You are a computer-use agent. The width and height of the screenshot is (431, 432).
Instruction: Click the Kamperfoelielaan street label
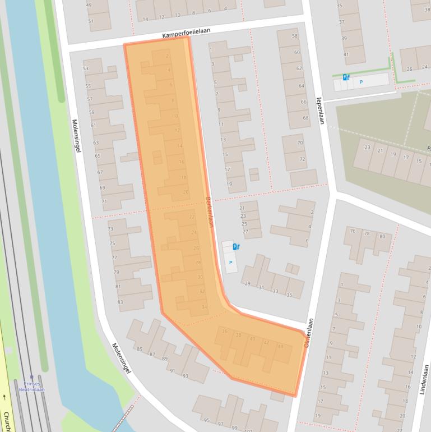point(186,34)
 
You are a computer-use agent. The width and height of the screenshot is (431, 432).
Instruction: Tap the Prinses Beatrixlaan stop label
point(31,386)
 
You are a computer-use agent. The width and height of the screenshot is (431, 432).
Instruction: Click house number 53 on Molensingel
point(86,69)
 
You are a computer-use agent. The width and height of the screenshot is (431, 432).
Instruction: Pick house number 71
point(103,201)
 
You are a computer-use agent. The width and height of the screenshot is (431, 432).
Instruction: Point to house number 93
point(186,375)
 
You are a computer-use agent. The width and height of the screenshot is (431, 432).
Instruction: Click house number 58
point(295,36)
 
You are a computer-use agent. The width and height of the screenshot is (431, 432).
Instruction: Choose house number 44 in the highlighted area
point(280,346)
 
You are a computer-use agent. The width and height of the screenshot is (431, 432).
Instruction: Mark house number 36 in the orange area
point(225,332)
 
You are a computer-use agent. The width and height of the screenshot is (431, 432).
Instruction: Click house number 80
point(382,236)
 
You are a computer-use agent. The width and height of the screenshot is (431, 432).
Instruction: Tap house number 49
point(89,6)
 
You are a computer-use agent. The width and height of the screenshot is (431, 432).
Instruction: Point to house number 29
point(247,283)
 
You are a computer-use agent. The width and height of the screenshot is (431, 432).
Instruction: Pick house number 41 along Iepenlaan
point(346,54)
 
